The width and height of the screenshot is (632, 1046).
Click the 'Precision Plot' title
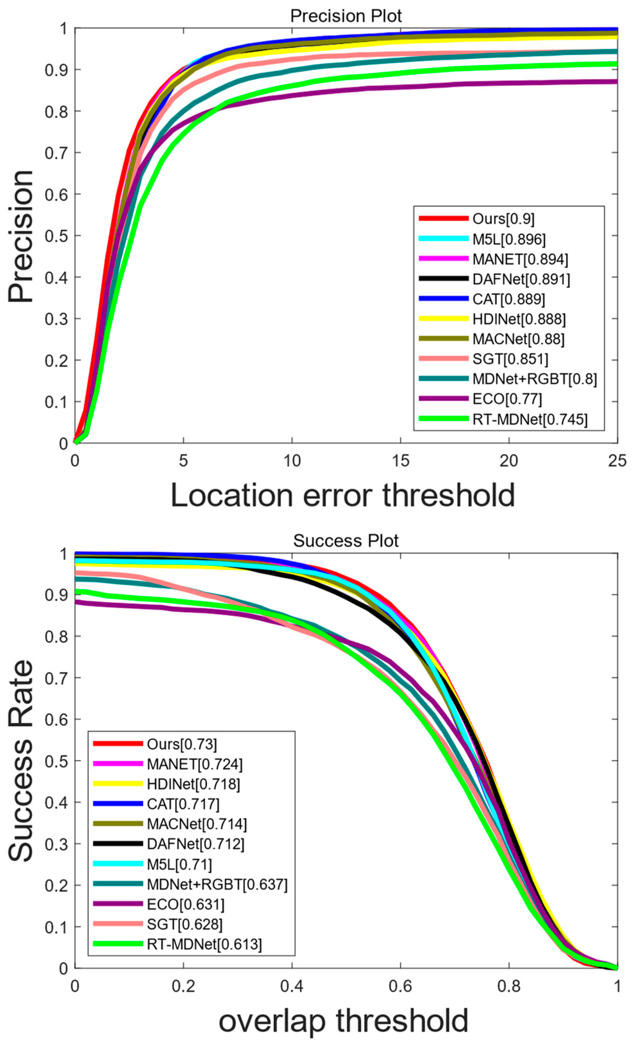tap(346, 16)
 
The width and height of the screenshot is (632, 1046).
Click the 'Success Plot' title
tap(346, 541)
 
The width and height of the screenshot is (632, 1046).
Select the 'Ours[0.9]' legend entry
tap(503, 219)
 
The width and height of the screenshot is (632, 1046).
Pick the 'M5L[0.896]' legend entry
tap(509, 239)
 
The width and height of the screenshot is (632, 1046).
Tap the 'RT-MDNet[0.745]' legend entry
tap(530, 419)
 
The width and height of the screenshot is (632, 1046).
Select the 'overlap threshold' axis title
tap(343, 1021)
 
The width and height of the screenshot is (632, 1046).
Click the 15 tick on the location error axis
tap(400, 460)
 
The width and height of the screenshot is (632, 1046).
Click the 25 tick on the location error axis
tap(617, 460)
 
